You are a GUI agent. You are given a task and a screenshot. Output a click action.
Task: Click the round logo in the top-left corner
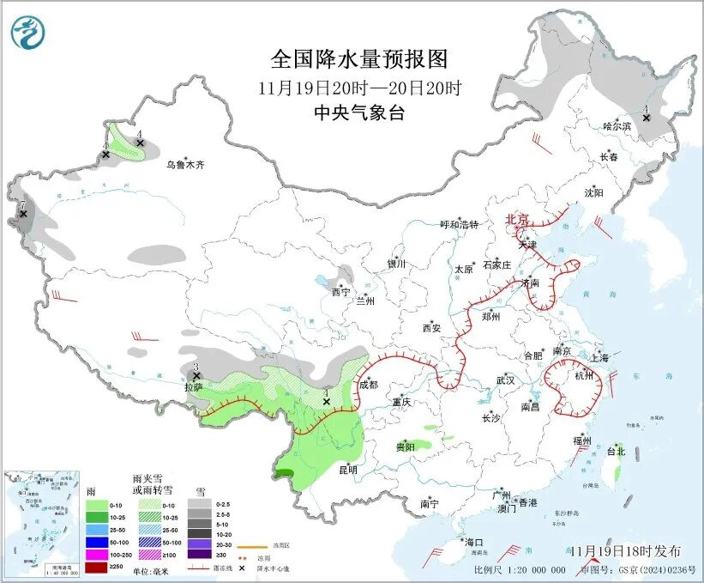click(x=28, y=32)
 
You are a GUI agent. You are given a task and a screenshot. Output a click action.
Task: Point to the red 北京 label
click(x=518, y=220)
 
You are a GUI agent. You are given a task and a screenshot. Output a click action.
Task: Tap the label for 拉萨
click(x=193, y=387)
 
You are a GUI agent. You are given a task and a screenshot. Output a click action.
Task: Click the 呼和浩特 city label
click(x=459, y=224)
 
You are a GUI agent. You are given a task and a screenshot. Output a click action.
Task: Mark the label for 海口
click(x=474, y=543)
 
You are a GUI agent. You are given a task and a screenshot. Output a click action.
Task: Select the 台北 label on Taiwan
click(x=616, y=451)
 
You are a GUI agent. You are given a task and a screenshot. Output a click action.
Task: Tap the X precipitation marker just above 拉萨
click(x=196, y=375)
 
